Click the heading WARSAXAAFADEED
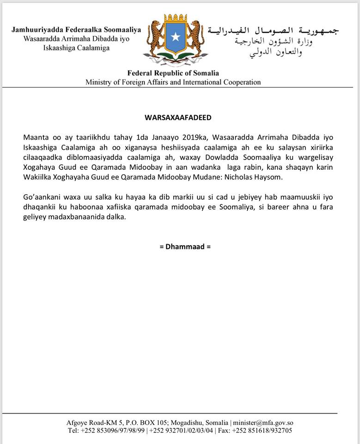[x=178, y=117]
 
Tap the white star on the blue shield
[x=175, y=36]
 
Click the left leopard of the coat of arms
[x=155, y=37]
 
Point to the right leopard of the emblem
[x=195, y=37]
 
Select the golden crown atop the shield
[x=175, y=19]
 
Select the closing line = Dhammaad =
[x=185, y=247]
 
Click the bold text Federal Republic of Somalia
[x=173, y=73]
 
